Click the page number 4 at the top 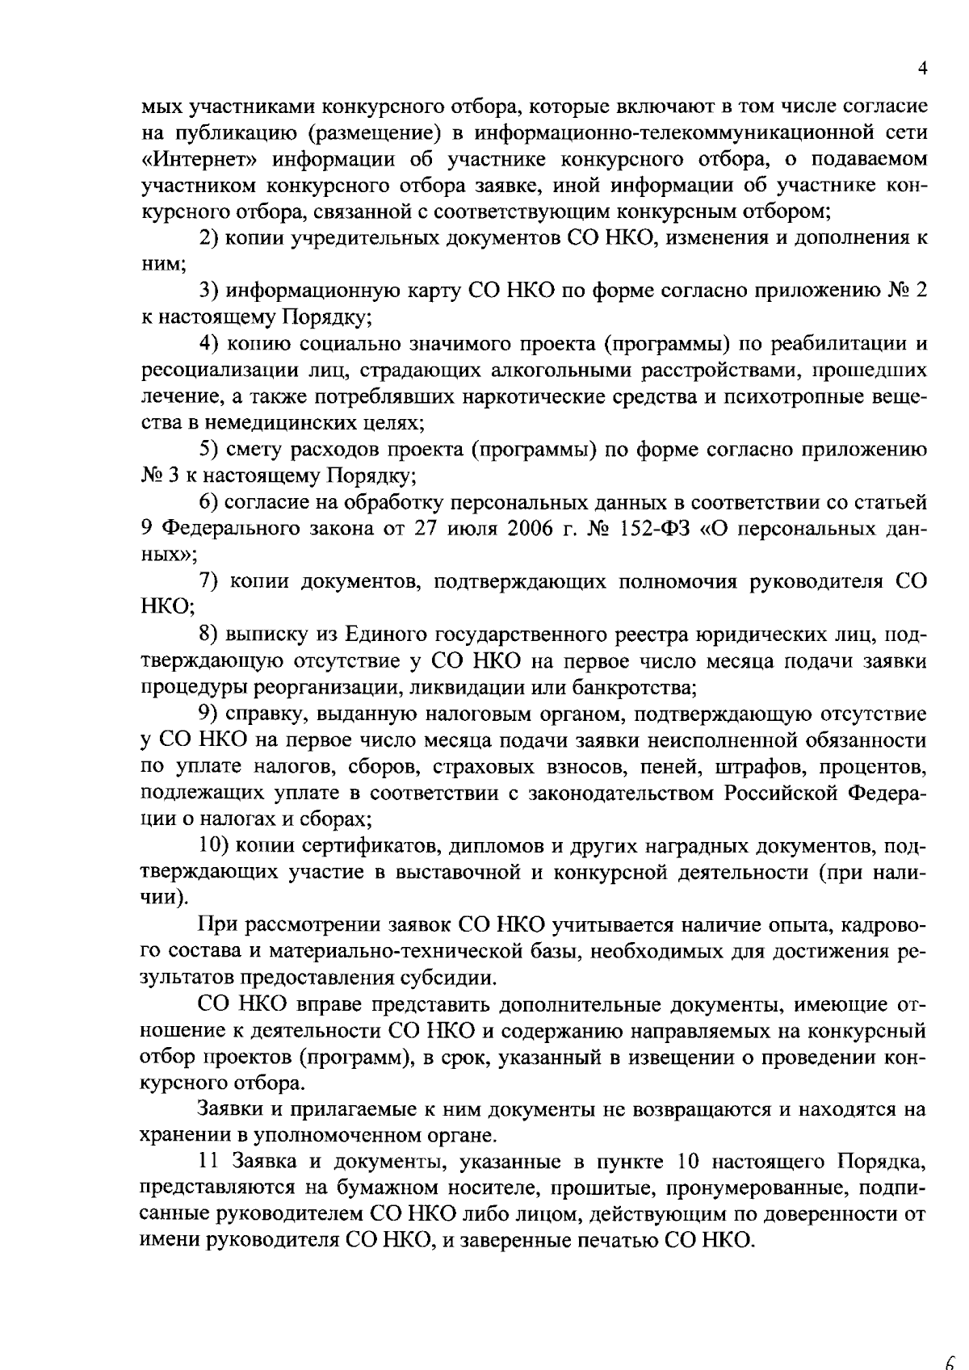point(922,70)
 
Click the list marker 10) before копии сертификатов point(215,846)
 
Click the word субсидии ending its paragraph point(449,978)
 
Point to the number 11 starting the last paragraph point(208,1162)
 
